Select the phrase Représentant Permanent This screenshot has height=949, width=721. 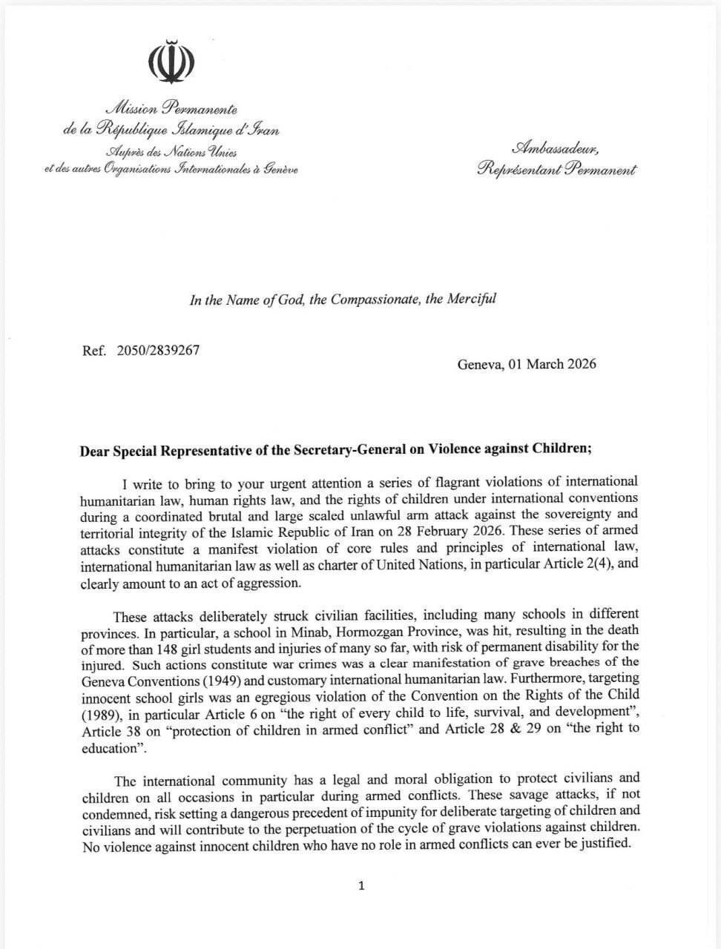click(x=556, y=170)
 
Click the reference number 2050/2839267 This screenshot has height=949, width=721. click(x=158, y=350)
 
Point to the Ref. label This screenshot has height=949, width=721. click(x=96, y=350)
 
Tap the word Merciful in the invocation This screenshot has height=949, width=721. click(x=471, y=300)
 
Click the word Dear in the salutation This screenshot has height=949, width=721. click(x=96, y=449)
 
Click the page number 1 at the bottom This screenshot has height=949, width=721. click(x=361, y=885)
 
